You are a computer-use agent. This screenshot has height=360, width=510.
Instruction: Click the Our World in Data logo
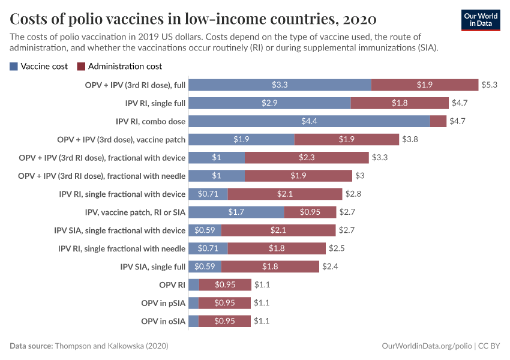click(480, 20)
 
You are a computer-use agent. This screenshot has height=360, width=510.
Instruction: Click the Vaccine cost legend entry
click(39, 66)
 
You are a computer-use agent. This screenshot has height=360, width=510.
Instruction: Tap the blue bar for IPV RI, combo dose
click(309, 121)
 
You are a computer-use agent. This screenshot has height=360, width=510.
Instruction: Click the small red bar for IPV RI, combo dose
click(439, 121)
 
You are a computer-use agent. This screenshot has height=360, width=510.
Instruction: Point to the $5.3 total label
click(490, 85)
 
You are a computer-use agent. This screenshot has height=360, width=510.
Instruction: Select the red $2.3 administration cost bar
click(307, 158)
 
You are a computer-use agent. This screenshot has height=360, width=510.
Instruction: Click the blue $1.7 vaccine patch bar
click(236, 212)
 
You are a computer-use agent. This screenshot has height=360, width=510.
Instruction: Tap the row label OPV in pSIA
click(163, 303)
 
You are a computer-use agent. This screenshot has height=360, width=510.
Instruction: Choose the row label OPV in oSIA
click(163, 321)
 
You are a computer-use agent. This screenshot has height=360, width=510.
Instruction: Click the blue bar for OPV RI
click(193, 285)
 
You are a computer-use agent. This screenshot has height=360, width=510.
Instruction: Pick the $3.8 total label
click(410, 139)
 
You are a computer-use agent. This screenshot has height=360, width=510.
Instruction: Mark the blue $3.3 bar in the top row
click(280, 85)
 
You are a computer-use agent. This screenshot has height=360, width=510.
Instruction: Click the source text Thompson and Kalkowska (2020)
click(112, 346)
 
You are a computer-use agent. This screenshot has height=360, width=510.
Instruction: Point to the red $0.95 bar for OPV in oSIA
click(224, 321)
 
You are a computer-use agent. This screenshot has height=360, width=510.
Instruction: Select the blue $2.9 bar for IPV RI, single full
click(269, 103)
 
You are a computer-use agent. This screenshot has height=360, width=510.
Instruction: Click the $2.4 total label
click(330, 266)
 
